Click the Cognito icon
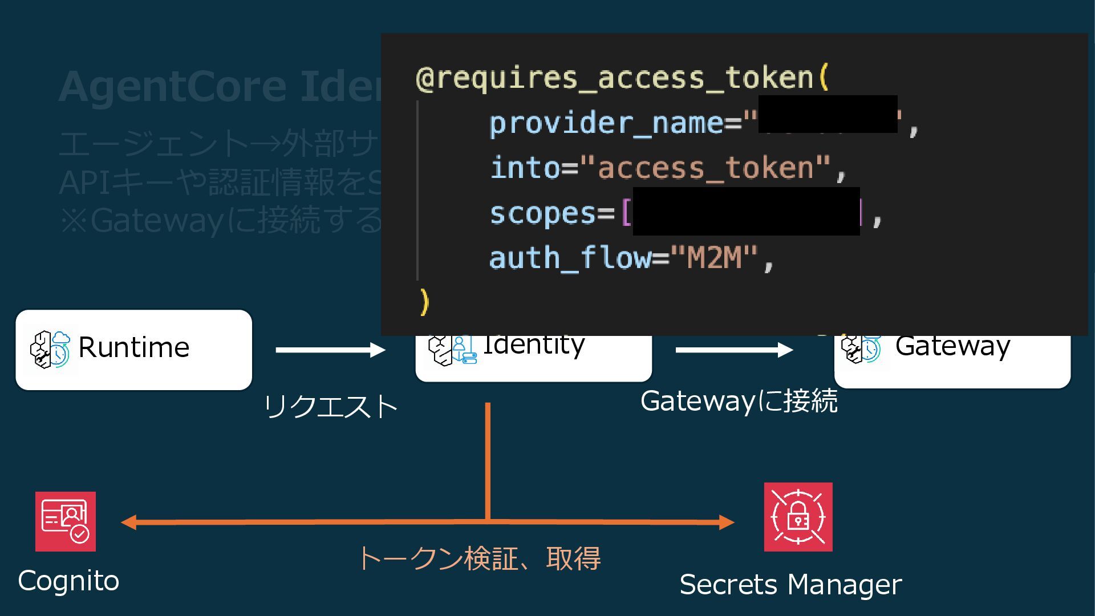pos(66,521)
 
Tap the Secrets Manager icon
pos(798,517)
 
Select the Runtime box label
pos(133,347)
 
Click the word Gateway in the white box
pos(952,346)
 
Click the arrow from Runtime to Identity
pos(330,350)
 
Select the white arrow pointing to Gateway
pos(734,350)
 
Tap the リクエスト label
pos(331,407)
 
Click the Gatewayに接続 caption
pos(739,401)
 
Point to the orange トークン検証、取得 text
pos(479,558)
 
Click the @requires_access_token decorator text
pos(622,78)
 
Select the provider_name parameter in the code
pos(606,123)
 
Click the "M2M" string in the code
pos(714,258)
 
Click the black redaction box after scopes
pos(746,211)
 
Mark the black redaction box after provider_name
pos(828,114)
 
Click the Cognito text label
pos(68,581)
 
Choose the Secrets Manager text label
pos(790,585)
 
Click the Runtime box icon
pos(50,349)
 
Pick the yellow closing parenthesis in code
pos(424,302)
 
